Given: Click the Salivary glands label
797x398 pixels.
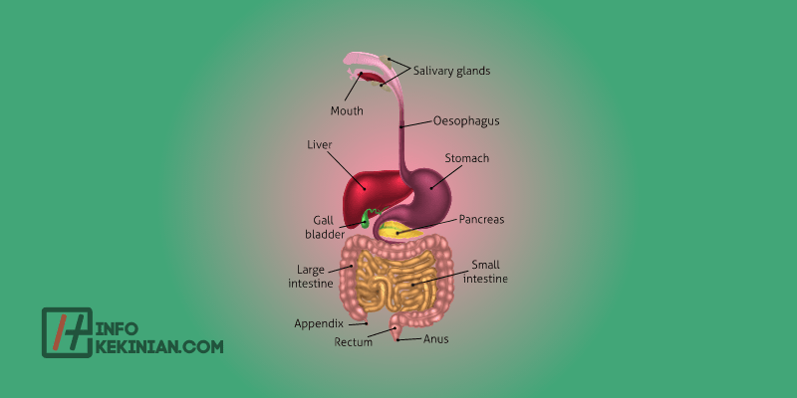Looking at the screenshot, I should click(x=451, y=71).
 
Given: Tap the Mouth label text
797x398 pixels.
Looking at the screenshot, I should click(x=348, y=110).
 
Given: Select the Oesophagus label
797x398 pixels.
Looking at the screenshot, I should click(x=466, y=121).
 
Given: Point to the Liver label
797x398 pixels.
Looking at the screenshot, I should click(x=319, y=144).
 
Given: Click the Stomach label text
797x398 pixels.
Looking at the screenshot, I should click(x=466, y=157).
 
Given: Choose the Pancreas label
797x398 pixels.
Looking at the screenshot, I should click(x=482, y=218).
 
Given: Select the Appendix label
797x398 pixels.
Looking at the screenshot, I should click(x=319, y=323).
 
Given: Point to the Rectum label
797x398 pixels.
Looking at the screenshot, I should click(x=354, y=342).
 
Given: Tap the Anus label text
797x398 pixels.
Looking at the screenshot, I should click(x=436, y=338).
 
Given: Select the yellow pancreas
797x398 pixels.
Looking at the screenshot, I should click(x=398, y=231).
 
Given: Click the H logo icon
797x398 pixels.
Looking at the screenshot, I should click(x=67, y=332).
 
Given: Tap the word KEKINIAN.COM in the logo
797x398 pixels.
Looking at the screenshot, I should click(x=159, y=346).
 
